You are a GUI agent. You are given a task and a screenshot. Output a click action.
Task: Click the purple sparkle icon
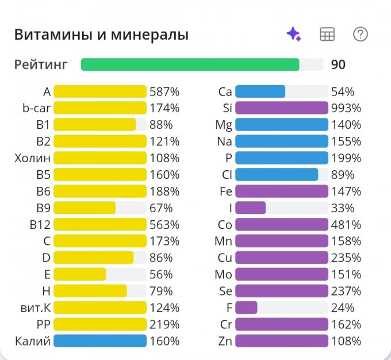pos(294,34)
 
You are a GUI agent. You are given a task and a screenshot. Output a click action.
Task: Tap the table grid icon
pos(327,34)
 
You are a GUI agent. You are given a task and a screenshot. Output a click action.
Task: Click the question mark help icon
pos(361,34)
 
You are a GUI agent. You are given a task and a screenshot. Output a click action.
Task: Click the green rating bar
pos(190,64)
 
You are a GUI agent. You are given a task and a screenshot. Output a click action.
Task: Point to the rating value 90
pos(338,64)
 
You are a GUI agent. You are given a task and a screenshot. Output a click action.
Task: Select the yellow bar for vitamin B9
pos(85,208)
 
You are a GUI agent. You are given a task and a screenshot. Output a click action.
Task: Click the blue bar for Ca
pos(260,91)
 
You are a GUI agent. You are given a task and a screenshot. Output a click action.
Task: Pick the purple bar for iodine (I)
pos(250,208)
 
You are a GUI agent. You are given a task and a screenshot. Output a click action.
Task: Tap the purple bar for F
pos(246,308)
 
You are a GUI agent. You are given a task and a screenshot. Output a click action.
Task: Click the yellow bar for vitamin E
pos(80,274)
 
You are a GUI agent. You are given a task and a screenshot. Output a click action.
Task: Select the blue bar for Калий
pos(100,341)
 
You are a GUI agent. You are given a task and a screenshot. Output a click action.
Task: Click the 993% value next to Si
pos(346,108)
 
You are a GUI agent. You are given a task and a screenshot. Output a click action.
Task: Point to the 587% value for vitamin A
pos(164,91)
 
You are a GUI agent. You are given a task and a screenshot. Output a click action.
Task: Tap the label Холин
pos(32,158)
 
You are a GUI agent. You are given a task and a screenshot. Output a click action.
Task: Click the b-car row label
pos(36,108)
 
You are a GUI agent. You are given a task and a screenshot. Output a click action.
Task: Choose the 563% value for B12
pos(164,224)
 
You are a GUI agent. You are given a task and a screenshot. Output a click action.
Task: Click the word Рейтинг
pos(41,65)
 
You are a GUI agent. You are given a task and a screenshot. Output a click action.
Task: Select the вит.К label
pos(36,308)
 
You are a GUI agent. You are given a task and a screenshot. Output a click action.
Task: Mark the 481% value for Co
pos(346,224)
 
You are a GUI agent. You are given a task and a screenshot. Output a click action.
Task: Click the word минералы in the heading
pos(149,35)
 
